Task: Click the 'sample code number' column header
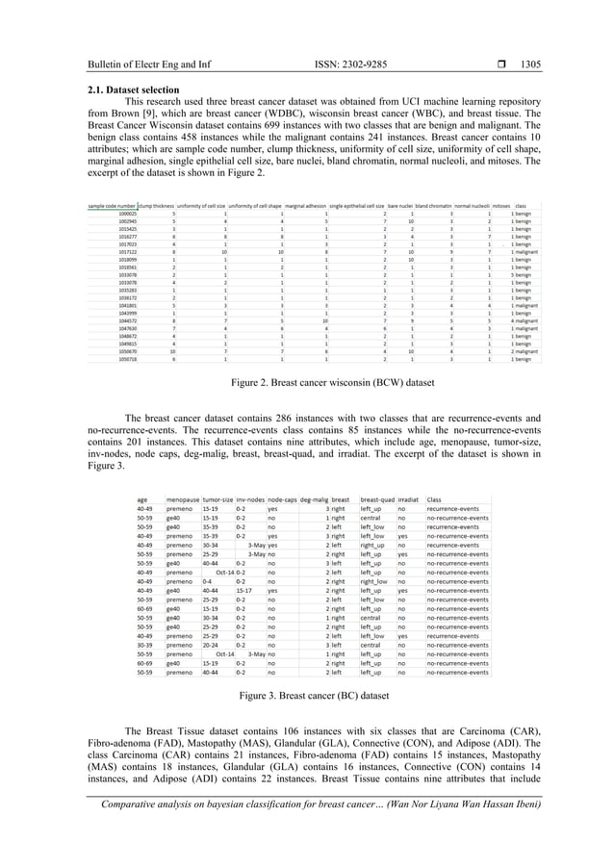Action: coord(112,205)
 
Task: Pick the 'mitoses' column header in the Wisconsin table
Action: coord(501,205)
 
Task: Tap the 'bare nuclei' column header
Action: coord(399,205)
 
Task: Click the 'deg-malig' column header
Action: coord(314,499)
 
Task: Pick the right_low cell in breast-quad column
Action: coord(374,582)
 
